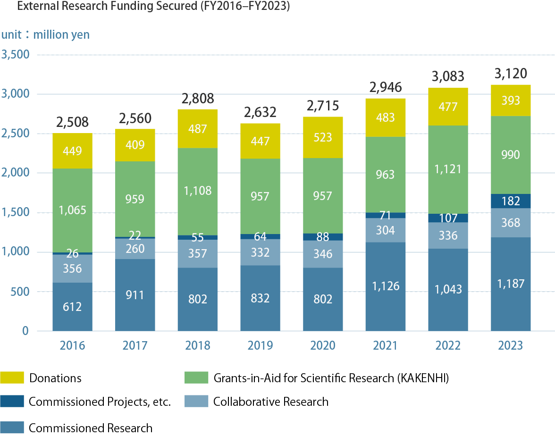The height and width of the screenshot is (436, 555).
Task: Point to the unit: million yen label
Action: coord(45,35)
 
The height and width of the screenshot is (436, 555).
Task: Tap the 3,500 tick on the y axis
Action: coord(16,55)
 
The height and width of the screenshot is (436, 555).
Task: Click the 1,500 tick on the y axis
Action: coord(16,213)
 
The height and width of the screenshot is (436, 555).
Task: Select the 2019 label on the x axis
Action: coord(260,346)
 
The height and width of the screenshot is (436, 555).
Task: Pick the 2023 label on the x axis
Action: coord(510,346)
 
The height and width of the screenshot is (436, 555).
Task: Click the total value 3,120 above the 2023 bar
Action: coord(510,74)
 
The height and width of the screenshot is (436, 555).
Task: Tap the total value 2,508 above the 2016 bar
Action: coord(72,123)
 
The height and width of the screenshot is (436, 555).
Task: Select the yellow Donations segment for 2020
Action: coord(322,137)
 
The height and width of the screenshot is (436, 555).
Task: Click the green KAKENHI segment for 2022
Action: coord(447,169)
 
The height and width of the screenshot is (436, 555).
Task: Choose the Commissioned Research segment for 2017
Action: coord(135,295)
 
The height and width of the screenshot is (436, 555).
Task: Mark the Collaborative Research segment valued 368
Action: coord(510,223)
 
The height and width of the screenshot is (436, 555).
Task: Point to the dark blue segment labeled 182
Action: coord(510,201)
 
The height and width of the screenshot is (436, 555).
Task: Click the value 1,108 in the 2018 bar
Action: coord(197,191)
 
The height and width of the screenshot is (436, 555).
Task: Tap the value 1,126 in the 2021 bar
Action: coord(385,286)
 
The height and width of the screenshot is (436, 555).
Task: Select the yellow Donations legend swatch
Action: coord(11,377)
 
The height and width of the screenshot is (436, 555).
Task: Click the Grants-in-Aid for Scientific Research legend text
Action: coord(330,378)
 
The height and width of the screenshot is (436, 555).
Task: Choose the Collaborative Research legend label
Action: coord(270,402)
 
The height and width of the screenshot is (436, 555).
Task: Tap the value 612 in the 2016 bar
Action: coord(72,307)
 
